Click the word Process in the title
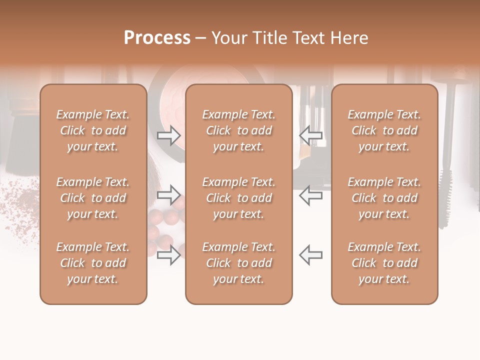[x=157, y=38]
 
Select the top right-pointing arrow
[x=168, y=135]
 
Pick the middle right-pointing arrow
[x=168, y=194]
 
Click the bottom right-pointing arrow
[x=168, y=255]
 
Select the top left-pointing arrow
[x=311, y=135]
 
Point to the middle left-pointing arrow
[x=311, y=194]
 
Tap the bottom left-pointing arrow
[x=311, y=255]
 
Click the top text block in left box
[x=93, y=130]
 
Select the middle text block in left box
[x=93, y=198]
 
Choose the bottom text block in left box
[x=93, y=263]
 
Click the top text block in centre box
[x=239, y=130]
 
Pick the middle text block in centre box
[x=239, y=198]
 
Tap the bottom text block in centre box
[x=239, y=263]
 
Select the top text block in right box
[x=384, y=130]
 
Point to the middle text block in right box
[x=384, y=198]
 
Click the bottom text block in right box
[x=384, y=263]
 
